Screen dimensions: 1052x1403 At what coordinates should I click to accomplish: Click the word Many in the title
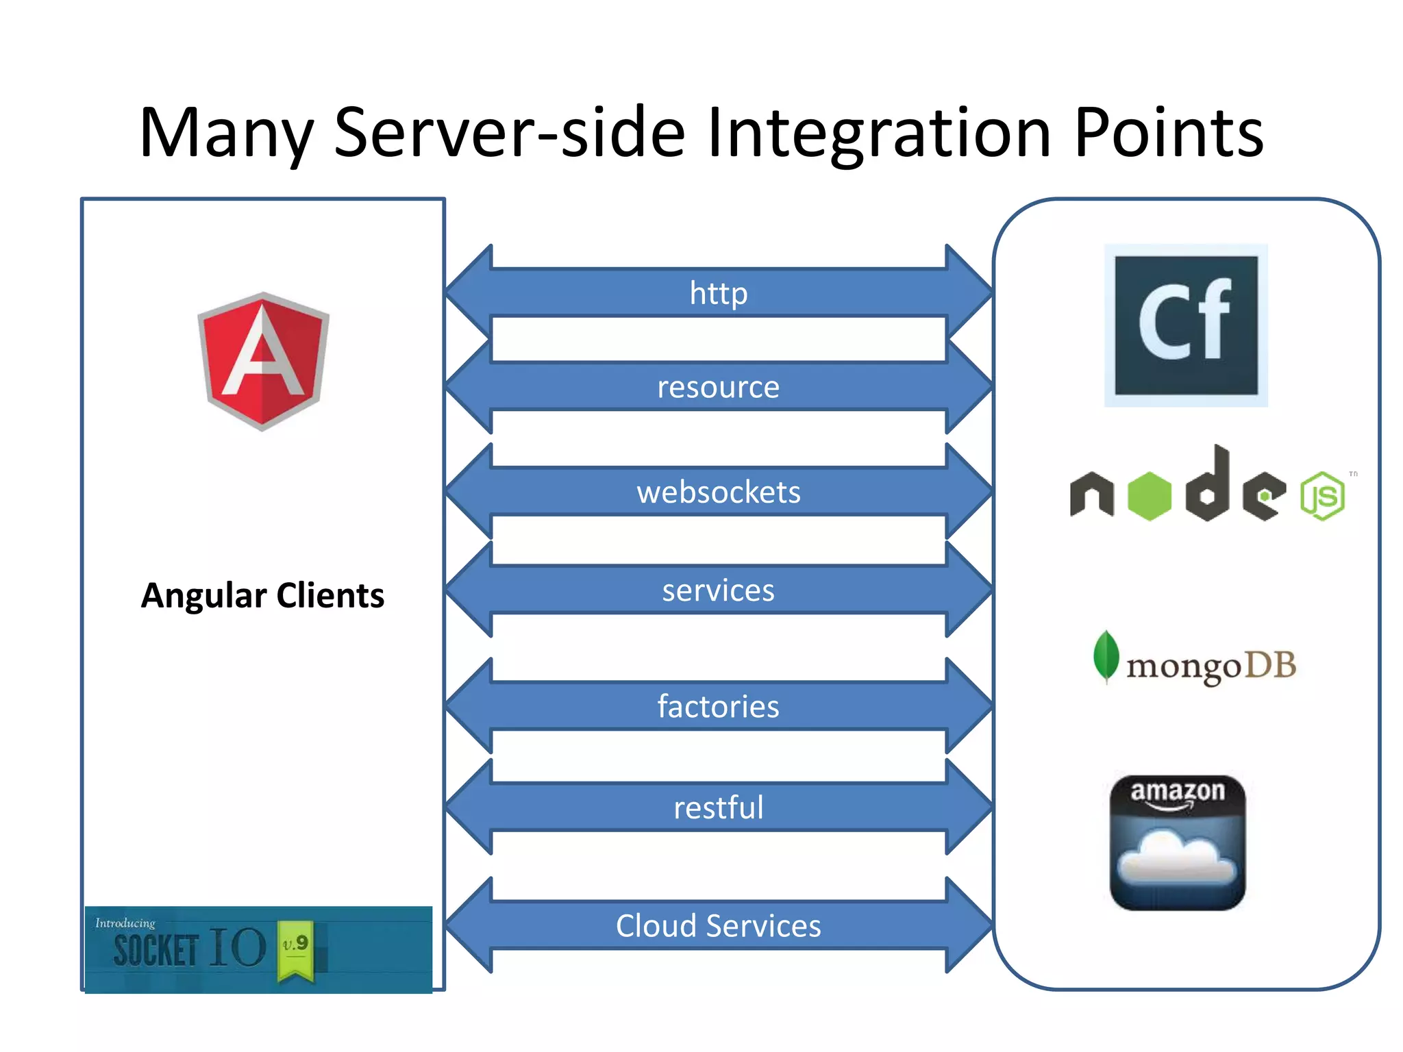pos(226,134)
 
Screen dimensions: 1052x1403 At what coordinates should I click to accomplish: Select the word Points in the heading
pos(1168,134)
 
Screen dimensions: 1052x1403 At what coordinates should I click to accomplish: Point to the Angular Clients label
pos(262,595)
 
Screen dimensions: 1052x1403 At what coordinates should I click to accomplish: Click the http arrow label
pos(718,293)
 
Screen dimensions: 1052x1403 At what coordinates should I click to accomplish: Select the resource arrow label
pos(718,388)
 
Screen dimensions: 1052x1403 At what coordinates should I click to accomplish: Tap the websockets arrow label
pos(718,492)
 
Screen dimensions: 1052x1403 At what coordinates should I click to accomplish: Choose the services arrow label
pos(718,590)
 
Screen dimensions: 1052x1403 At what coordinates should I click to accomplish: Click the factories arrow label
pos(718,707)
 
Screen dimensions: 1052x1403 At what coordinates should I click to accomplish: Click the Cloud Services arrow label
pos(718,926)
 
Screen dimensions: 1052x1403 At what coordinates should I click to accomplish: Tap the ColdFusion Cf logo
pos(1186,325)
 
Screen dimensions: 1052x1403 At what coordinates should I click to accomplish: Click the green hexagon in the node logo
pos(1149,496)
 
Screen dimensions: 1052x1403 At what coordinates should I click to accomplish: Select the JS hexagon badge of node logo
pos(1323,496)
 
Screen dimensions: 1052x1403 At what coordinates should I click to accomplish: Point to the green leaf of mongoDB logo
pos(1106,655)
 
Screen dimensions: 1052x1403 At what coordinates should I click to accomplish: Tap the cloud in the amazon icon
pos(1177,858)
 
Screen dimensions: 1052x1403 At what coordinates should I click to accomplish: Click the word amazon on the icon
pos(1177,792)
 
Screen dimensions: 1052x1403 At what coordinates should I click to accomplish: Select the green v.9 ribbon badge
pos(296,949)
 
